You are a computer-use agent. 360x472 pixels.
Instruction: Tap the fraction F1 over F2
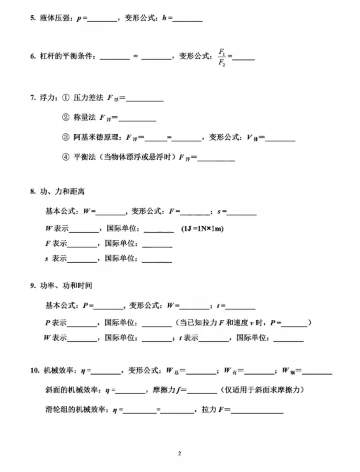pos(222,57)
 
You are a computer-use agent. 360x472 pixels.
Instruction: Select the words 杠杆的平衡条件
pos(67,57)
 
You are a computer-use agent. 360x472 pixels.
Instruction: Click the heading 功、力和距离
pos(63,192)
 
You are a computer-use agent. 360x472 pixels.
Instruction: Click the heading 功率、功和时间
pos(67,285)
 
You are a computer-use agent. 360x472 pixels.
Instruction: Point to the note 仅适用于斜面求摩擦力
pos(264,389)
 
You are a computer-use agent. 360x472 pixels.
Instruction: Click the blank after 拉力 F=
pos(257,411)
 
